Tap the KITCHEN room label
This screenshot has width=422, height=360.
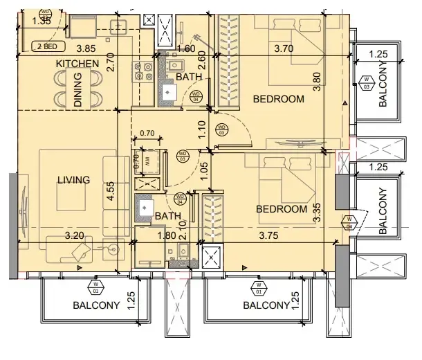77,64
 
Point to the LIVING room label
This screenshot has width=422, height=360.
74,180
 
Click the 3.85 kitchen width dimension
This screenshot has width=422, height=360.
86,48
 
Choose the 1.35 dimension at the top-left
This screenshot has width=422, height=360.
43,21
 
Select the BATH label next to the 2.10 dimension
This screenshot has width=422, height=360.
167,217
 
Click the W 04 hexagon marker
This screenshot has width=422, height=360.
348,223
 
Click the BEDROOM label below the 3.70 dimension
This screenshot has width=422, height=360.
278,99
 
